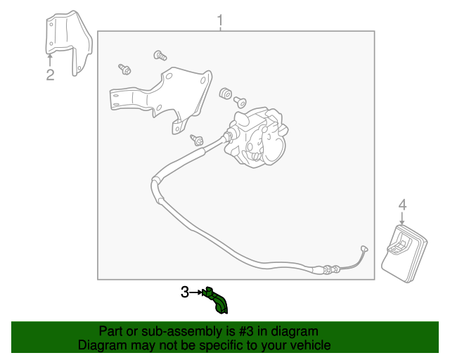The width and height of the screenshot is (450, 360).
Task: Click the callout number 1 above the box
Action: [x=220, y=20]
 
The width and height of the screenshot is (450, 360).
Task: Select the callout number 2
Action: [x=50, y=75]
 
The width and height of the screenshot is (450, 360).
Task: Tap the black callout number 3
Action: [x=185, y=292]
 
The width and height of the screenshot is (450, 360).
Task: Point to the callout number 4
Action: [x=403, y=205]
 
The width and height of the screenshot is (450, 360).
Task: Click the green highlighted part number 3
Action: [x=216, y=300]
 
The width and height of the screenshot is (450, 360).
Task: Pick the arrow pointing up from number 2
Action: [x=50, y=61]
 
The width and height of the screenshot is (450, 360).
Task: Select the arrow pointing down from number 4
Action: [x=402, y=218]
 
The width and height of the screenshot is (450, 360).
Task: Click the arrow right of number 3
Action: [x=196, y=292]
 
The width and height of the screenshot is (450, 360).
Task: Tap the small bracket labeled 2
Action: [x=69, y=42]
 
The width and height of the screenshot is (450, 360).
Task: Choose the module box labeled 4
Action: [x=404, y=254]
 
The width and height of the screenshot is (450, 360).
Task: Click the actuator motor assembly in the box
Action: [x=256, y=137]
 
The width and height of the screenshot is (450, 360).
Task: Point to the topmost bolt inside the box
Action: [x=160, y=55]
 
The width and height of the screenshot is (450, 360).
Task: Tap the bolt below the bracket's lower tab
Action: [x=198, y=139]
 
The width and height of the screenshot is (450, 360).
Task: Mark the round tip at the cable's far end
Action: [x=364, y=249]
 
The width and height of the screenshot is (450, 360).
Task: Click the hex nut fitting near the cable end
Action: [x=327, y=270]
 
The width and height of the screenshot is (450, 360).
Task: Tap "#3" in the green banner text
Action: [x=246, y=331]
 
